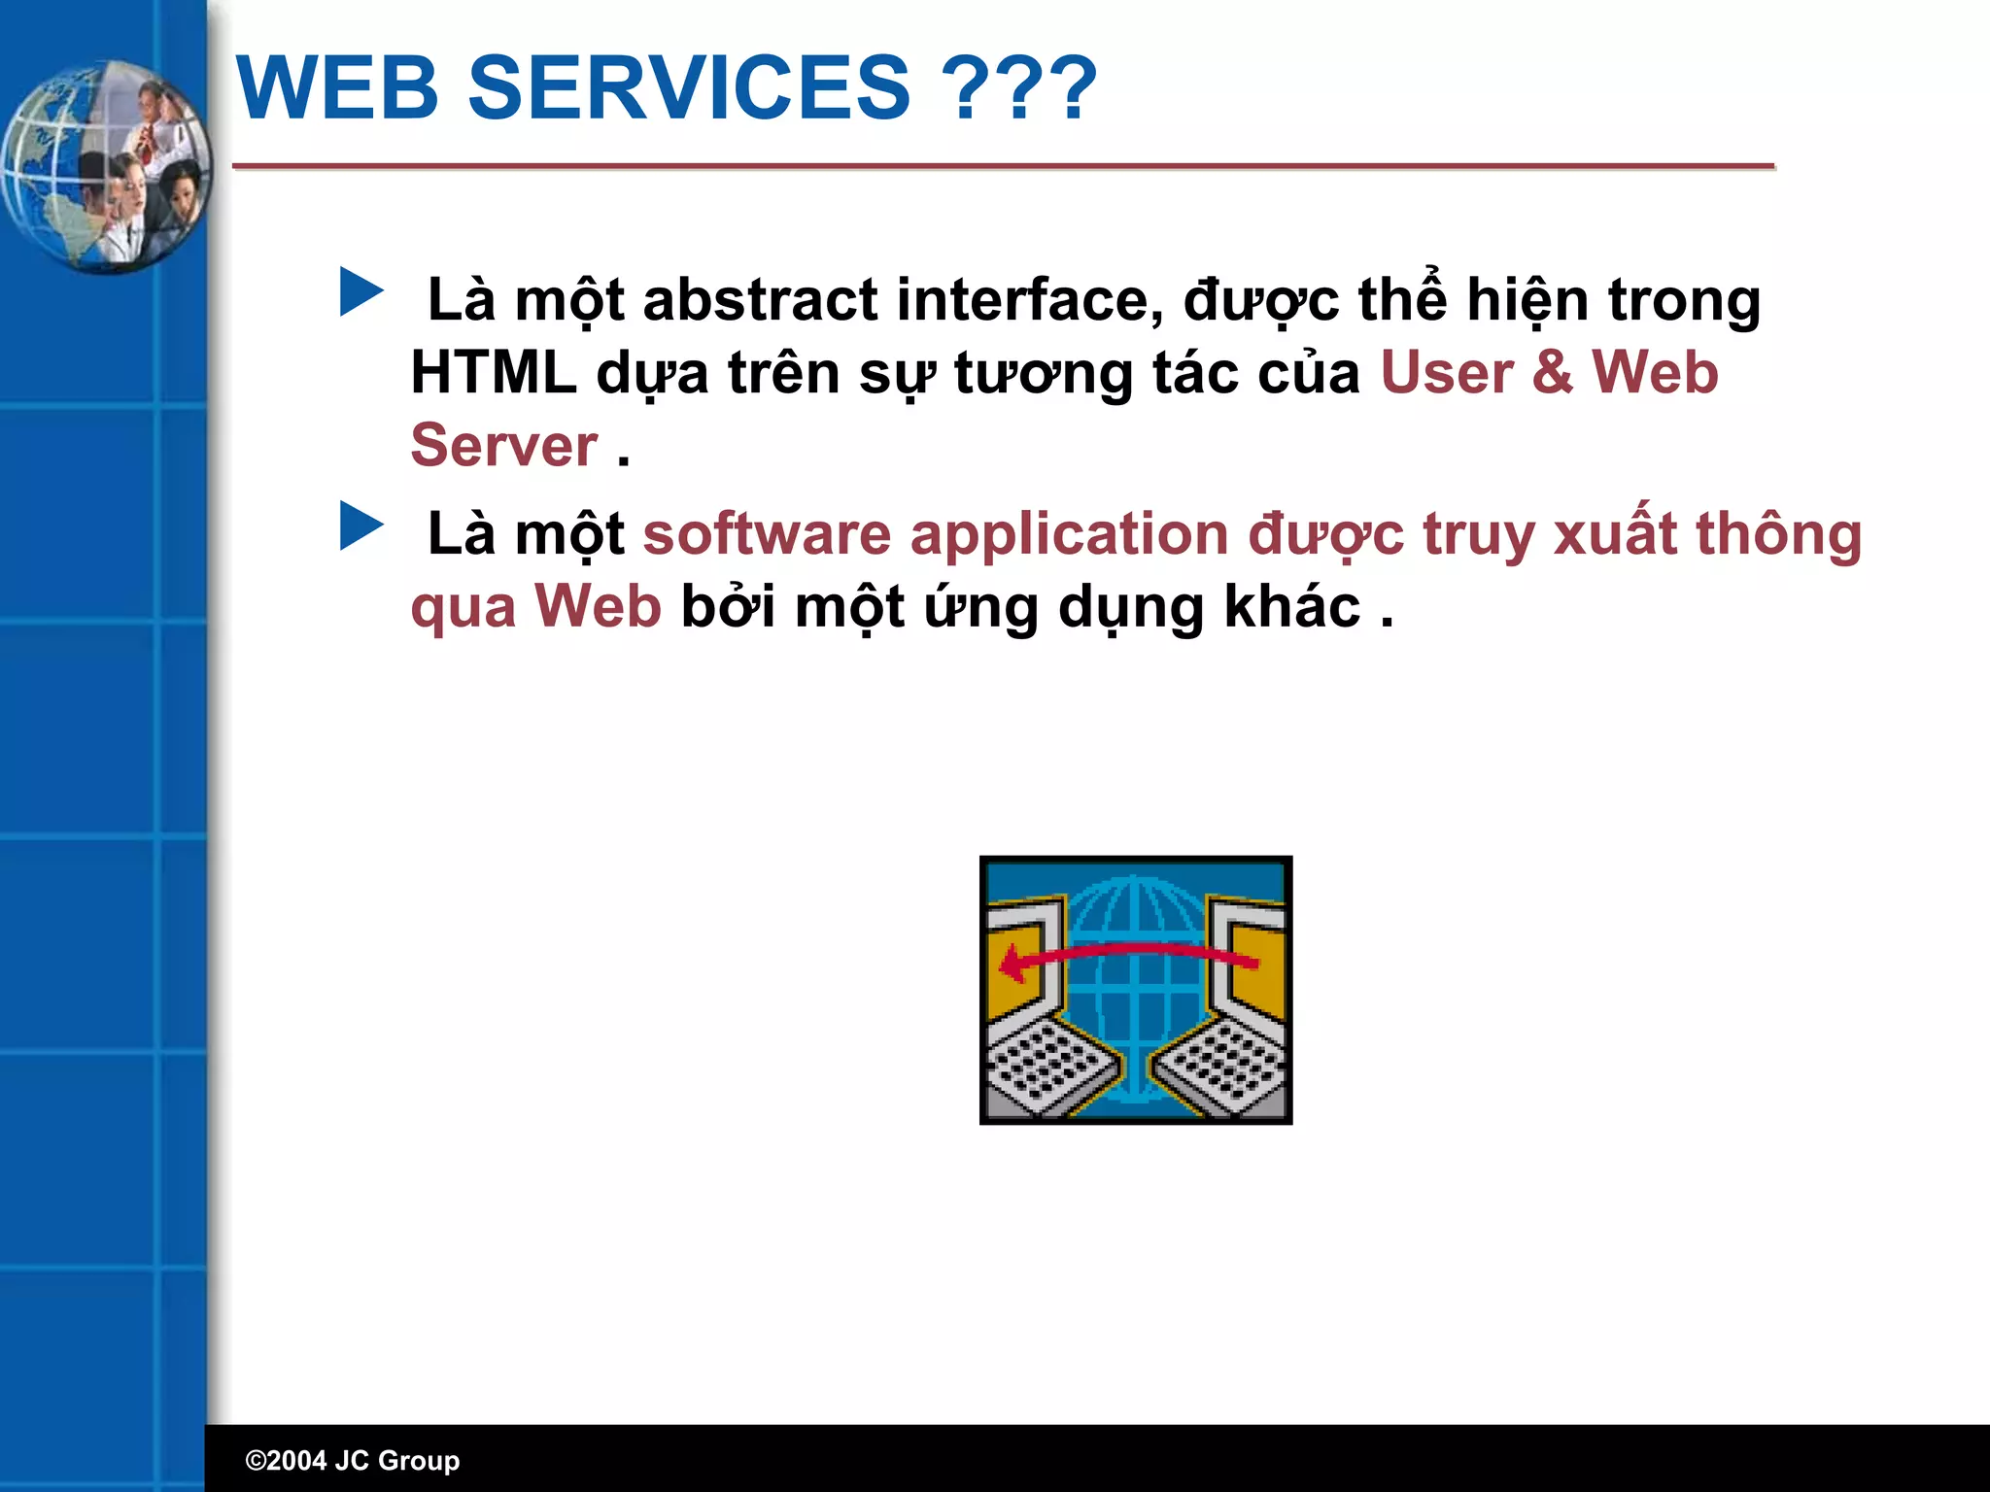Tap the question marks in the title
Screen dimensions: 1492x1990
pyautogui.click(x=1020, y=88)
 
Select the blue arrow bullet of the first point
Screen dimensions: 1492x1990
pyautogui.click(x=361, y=292)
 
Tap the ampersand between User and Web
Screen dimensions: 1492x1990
pyautogui.click(x=1553, y=373)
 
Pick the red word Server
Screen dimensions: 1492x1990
pyautogui.click(x=503, y=446)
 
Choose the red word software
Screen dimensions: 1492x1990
pyautogui.click(x=767, y=534)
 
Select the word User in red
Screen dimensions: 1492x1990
pyautogui.click(x=1446, y=373)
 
